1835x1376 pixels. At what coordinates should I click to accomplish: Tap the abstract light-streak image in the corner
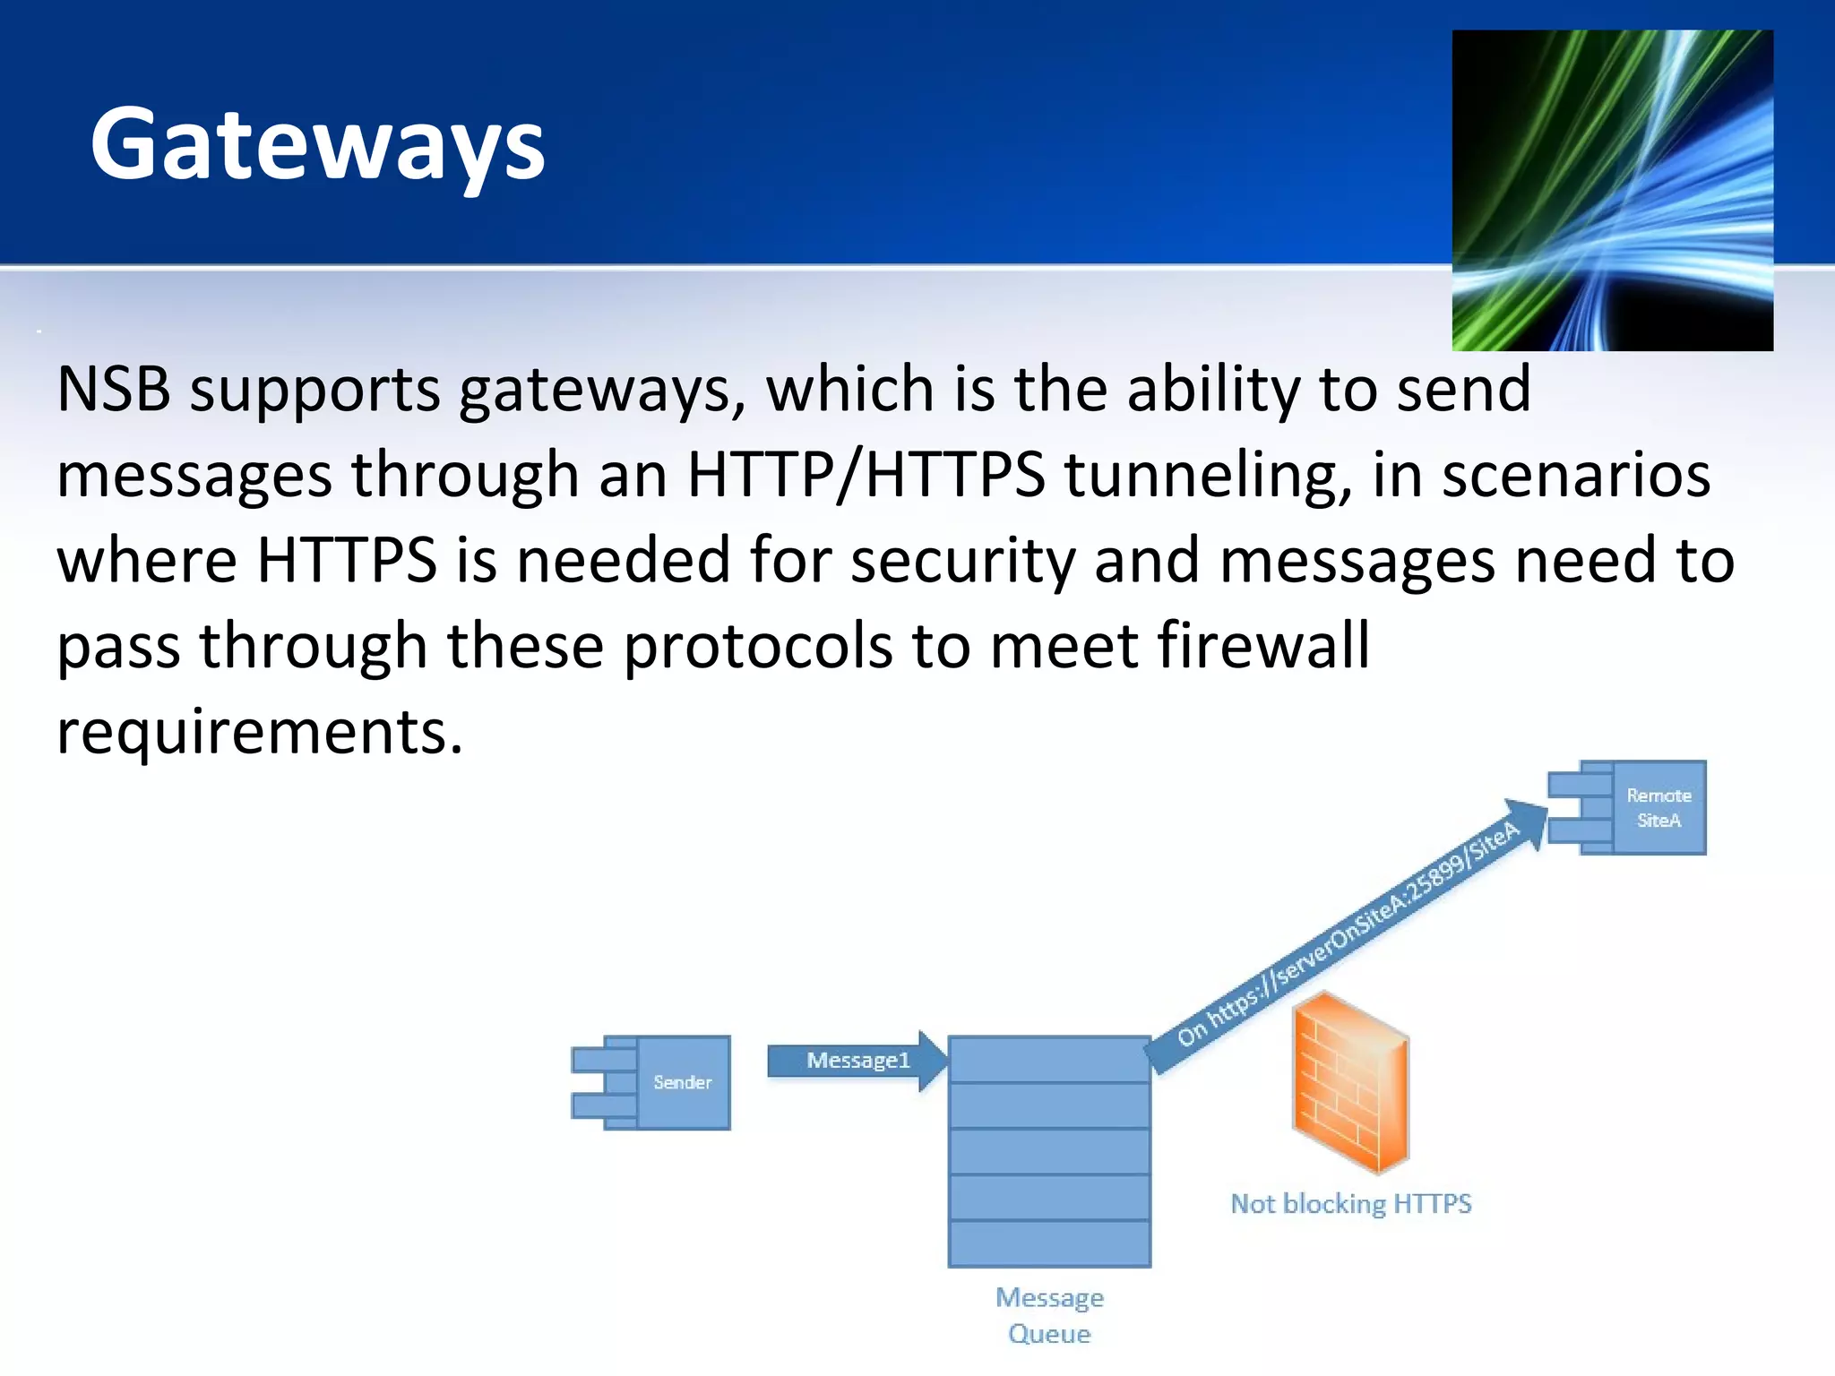[1611, 190]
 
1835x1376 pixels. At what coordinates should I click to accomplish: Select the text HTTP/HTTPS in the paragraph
[865, 474]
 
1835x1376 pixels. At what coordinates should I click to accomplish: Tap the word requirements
[259, 730]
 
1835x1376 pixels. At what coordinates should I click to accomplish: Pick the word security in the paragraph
[961, 561]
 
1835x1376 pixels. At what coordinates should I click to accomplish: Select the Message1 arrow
[856, 1061]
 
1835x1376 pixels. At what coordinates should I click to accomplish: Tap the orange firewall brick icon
[1350, 1083]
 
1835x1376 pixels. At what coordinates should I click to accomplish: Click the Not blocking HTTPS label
[1350, 1203]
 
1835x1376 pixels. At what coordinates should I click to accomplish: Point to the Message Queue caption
[1049, 1315]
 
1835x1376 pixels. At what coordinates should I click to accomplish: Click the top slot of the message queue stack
[1049, 1060]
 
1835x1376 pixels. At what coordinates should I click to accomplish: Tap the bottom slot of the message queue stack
[1049, 1243]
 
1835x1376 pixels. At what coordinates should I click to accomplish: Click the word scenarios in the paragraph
[1576, 475]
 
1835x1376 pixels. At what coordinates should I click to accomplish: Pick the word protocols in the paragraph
[757, 645]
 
